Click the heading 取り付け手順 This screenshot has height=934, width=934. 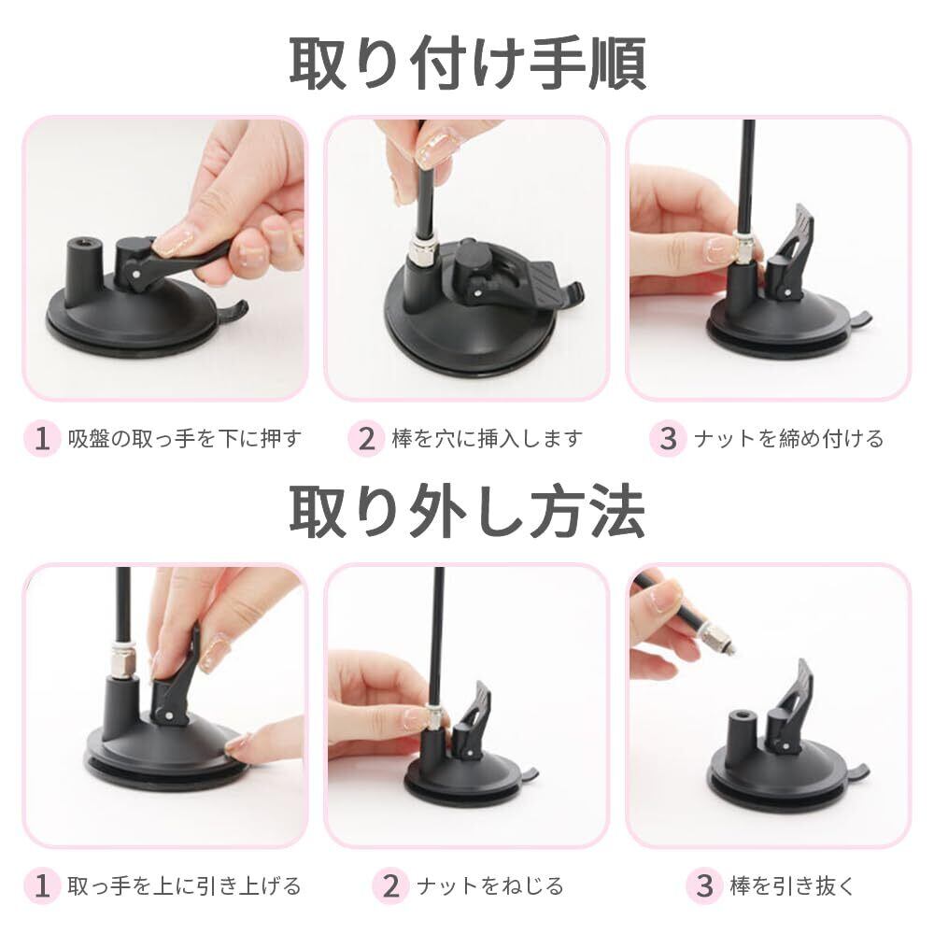(x=468, y=64)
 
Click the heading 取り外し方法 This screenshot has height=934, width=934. (x=468, y=512)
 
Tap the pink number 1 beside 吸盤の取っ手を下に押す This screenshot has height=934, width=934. (x=42, y=438)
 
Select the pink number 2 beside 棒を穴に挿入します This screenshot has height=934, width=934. (x=366, y=438)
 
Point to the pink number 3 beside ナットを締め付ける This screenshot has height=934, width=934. (x=668, y=438)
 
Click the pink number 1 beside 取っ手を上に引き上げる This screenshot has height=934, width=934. (x=42, y=885)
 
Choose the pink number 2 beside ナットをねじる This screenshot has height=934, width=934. (x=390, y=885)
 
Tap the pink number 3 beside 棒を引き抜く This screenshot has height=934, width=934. (x=704, y=885)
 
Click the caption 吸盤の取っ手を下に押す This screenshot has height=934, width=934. (x=185, y=438)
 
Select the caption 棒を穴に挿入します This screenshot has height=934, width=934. (x=488, y=438)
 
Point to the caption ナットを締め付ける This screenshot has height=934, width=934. (x=788, y=438)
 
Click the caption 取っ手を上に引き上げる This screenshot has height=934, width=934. (x=184, y=885)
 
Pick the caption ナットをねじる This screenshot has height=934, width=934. (x=489, y=885)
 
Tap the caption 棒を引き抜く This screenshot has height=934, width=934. (x=792, y=885)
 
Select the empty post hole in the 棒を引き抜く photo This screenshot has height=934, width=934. (x=743, y=715)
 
